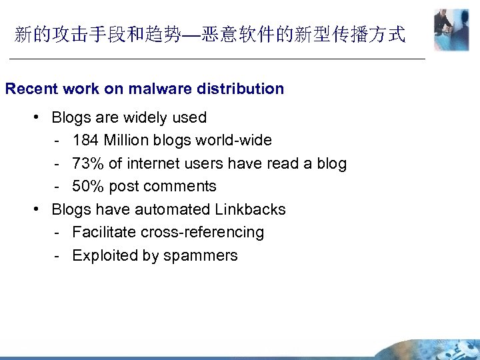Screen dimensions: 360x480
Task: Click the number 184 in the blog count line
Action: (x=85, y=141)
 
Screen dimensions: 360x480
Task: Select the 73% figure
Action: (x=88, y=163)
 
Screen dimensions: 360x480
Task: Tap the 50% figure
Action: (x=88, y=186)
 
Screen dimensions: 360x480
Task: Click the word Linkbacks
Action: (x=250, y=209)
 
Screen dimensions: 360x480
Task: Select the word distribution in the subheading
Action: (x=242, y=89)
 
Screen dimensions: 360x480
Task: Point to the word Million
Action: (x=129, y=141)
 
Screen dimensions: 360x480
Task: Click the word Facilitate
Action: (x=103, y=233)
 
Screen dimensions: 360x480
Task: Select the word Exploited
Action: (x=103, y=255)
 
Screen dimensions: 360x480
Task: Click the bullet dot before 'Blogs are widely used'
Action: (x=38, y=117)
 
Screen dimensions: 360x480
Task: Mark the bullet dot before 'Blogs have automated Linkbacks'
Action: (x=38, y=209)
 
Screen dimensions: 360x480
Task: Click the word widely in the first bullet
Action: (x=146, y=117)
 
